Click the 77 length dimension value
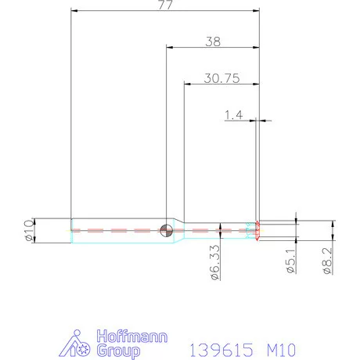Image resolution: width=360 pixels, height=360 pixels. [x=164, y=5]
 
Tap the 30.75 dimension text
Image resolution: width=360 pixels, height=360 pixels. [x=221, y=78]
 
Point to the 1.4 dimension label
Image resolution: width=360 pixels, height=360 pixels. [x=234, y=115]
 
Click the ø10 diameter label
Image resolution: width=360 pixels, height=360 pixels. [x=30, y=230]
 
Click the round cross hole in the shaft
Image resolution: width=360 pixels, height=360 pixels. [x=166, y=229]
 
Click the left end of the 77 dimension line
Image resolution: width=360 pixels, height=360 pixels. [x=72, y=11]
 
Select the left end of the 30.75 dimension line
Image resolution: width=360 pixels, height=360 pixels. [x=185, y=85]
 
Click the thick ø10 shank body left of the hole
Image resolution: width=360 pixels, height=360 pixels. [x=117, y=230]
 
